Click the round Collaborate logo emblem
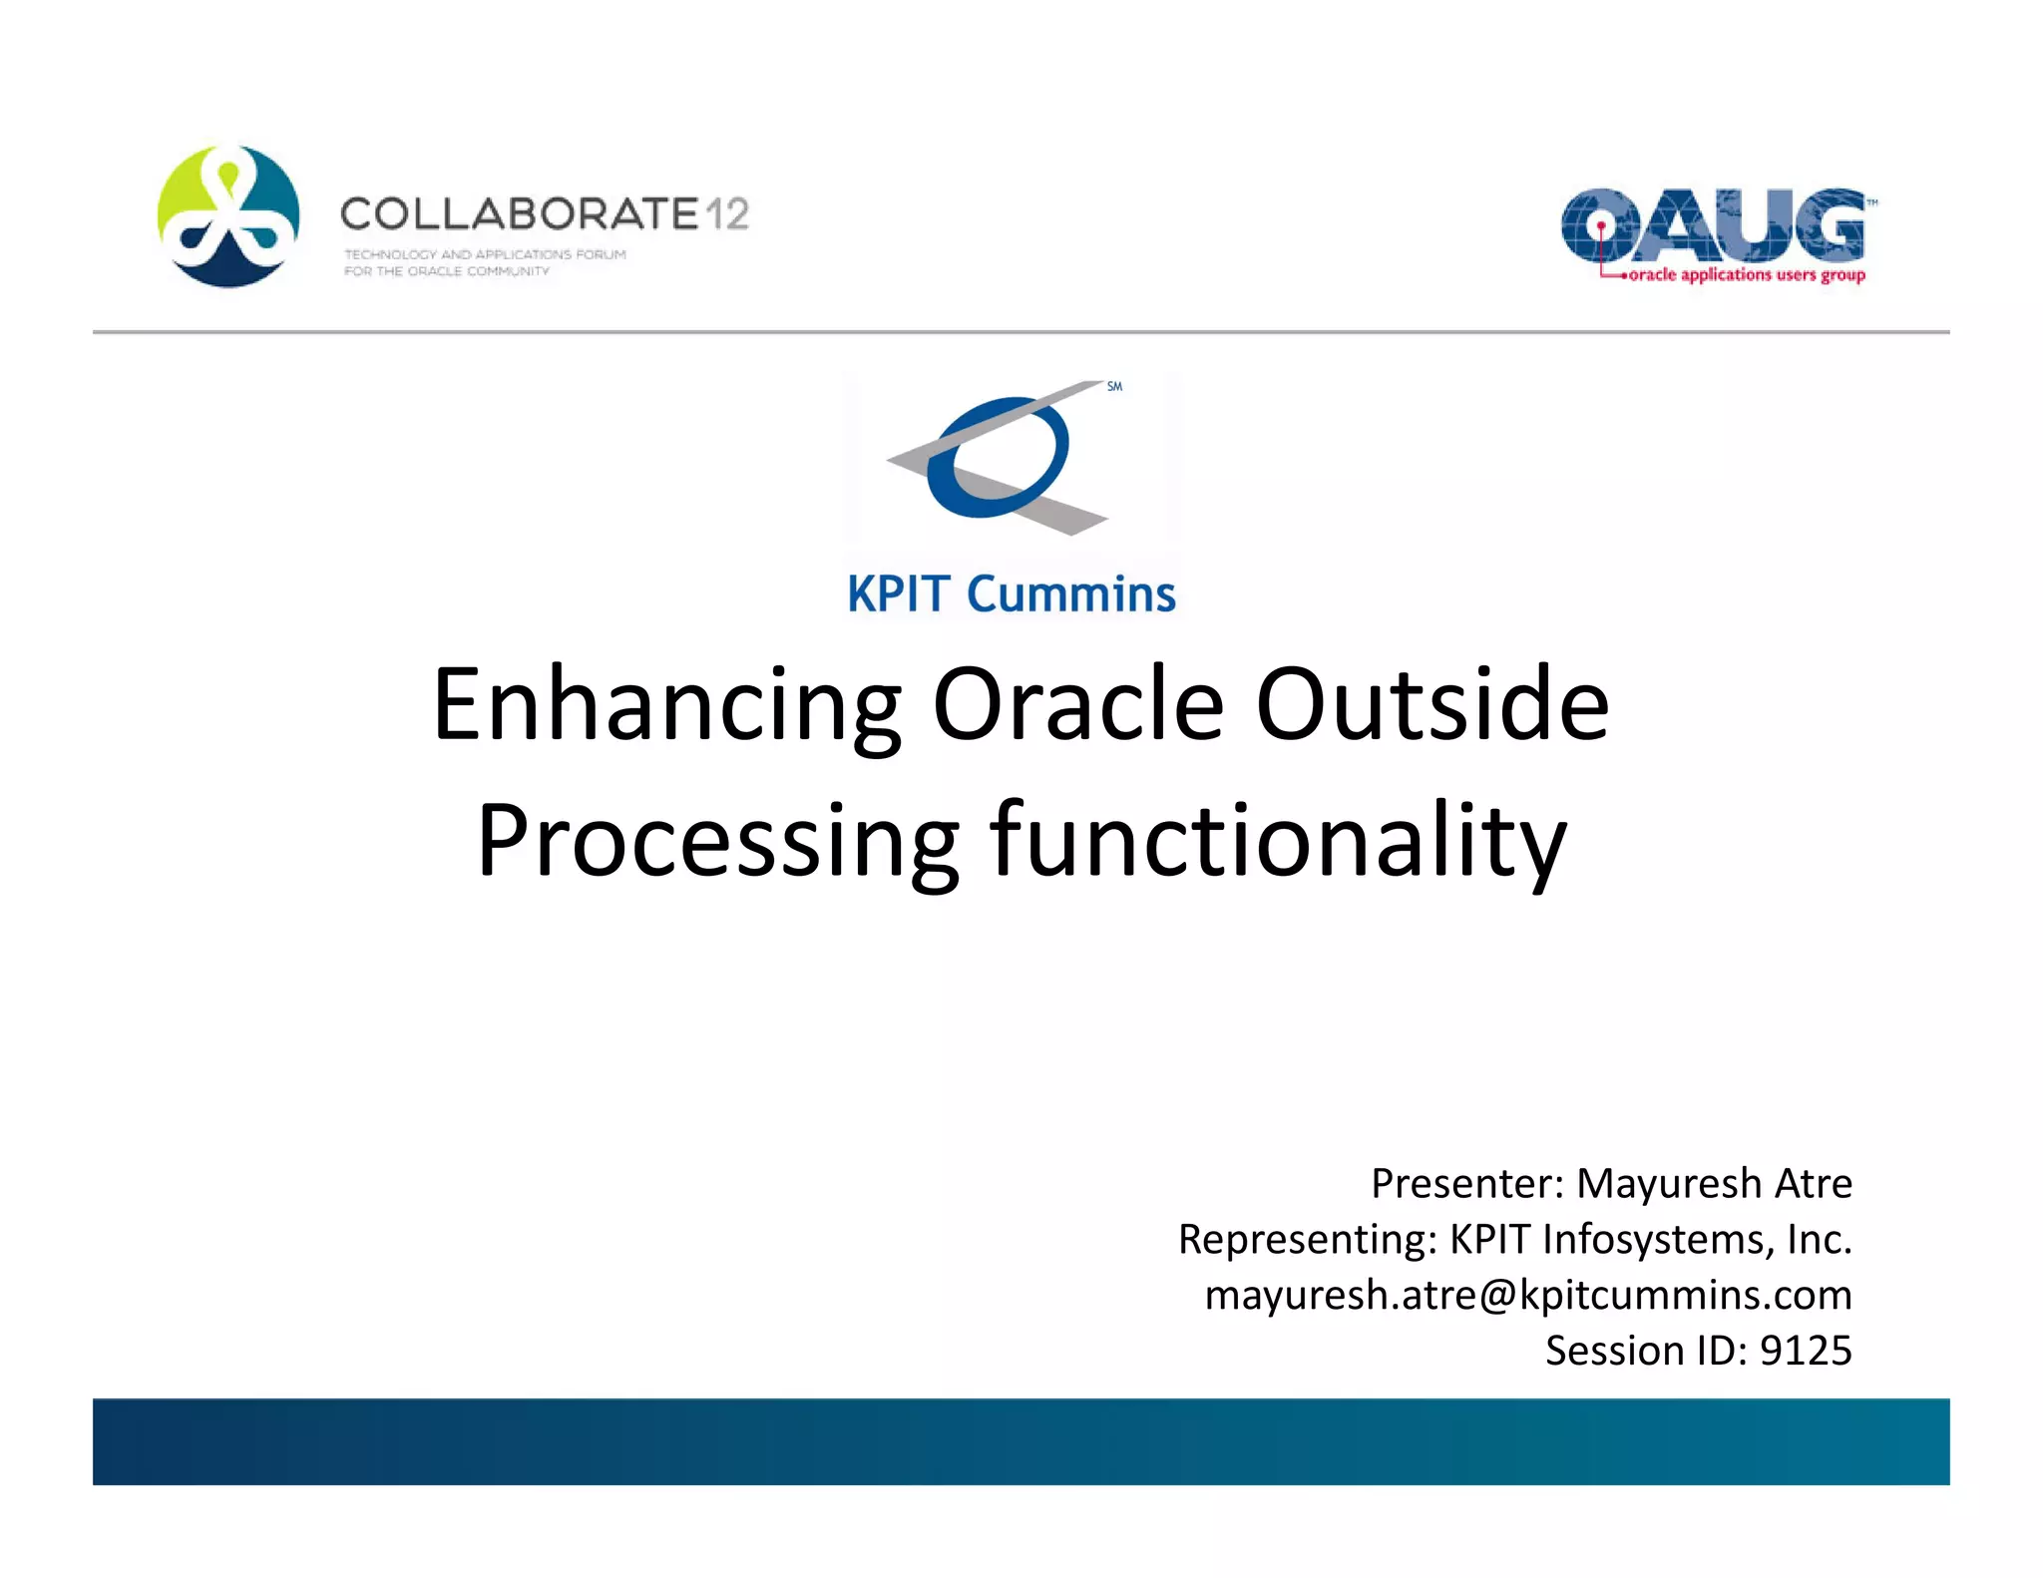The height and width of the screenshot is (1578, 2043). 228,216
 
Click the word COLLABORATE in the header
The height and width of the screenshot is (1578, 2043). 519,213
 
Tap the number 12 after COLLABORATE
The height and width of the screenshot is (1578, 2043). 727,213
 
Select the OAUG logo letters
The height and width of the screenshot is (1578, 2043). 1712,225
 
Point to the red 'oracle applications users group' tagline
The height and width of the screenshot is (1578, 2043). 1746,275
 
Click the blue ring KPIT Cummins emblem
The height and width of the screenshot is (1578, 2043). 998,457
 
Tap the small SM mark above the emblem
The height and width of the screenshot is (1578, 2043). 1114,386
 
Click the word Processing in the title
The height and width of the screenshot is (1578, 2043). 717,841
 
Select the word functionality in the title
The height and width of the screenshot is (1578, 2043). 1278,841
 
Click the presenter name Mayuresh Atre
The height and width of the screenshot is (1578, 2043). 1713,1184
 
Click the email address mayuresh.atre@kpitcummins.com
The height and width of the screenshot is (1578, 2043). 1527,1295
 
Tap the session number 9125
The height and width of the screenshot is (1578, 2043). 1805,1351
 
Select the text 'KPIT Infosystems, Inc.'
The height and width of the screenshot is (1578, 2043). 1650,1240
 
